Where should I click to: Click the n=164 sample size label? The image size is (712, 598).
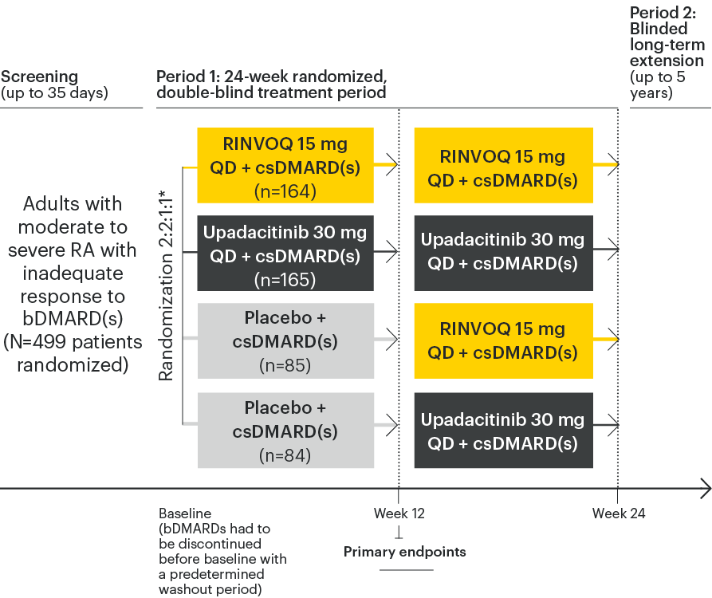click(285, 191)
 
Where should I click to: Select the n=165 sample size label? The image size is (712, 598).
click(285, 280)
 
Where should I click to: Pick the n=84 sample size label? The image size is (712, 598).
click(285, 455)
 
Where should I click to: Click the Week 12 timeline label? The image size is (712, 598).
click(399, 513)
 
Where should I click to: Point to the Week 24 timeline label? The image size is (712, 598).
click(618, 513)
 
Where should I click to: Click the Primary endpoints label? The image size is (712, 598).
click(405, 552)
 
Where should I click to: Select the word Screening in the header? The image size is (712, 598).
click(40, 77)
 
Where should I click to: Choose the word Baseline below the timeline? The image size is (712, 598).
click(185, 513)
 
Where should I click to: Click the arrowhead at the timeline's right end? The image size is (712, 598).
click(705, 488)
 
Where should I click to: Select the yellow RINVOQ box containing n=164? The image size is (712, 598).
click(285, 165)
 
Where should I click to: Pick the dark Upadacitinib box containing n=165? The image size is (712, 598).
click(285, 254)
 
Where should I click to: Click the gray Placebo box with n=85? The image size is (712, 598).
click(285, 341)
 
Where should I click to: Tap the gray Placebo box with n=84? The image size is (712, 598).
click(285, 431)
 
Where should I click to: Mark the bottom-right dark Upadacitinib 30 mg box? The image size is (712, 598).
click(503, 431)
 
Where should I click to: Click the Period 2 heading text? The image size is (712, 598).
click(667, 37)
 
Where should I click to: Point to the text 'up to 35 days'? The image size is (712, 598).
click(55, 93)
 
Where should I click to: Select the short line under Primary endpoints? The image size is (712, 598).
click(406, 569)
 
